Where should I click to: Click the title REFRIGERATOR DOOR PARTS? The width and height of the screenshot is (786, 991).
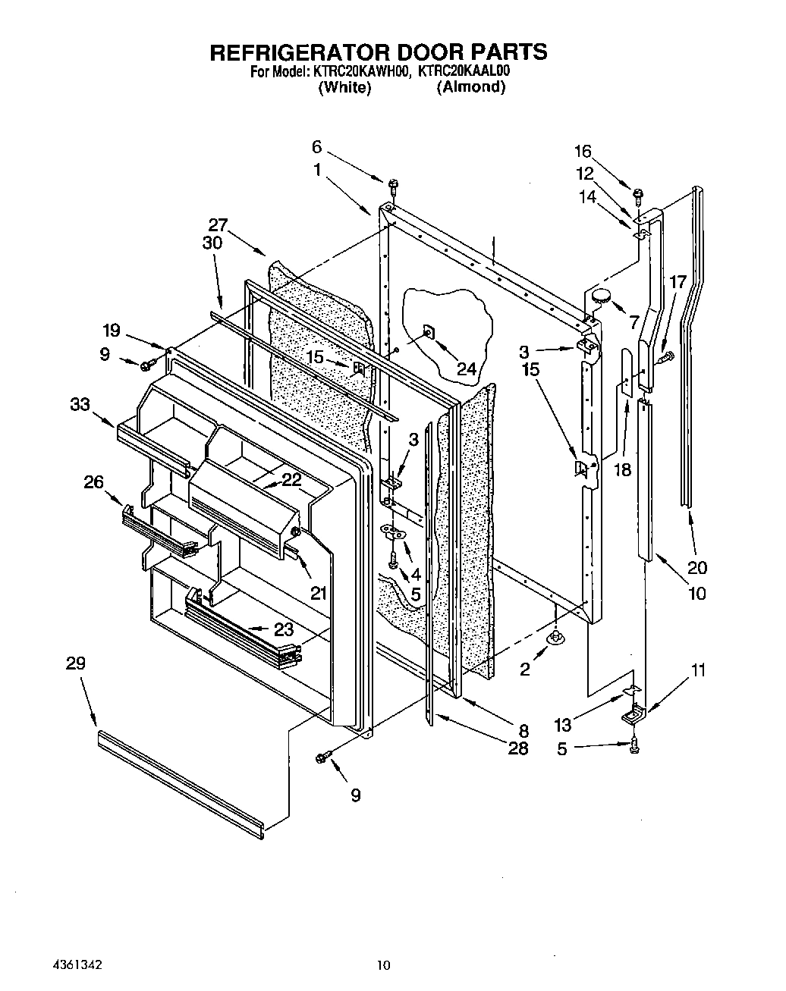pyautogui.click(x=377, y=52)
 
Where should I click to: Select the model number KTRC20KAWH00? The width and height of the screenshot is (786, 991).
pyautogui.click(x=360, y=72)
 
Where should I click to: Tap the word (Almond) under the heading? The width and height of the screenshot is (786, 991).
pyautogui.click(x=470, y=87)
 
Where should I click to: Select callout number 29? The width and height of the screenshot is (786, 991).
pyautogui.click(x=75, y=663)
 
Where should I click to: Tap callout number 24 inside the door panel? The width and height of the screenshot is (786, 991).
pyautogui.click(x=467, y=368)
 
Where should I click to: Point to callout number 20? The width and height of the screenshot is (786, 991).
pyautogui.click(x=696, y=567)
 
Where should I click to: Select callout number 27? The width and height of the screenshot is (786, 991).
pyautogui.click(x=218, y=224)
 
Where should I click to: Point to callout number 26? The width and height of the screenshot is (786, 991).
pyautogui.click(x=93, y=481)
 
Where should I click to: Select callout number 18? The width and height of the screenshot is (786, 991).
pyautogui.click(x=622, y=469)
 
